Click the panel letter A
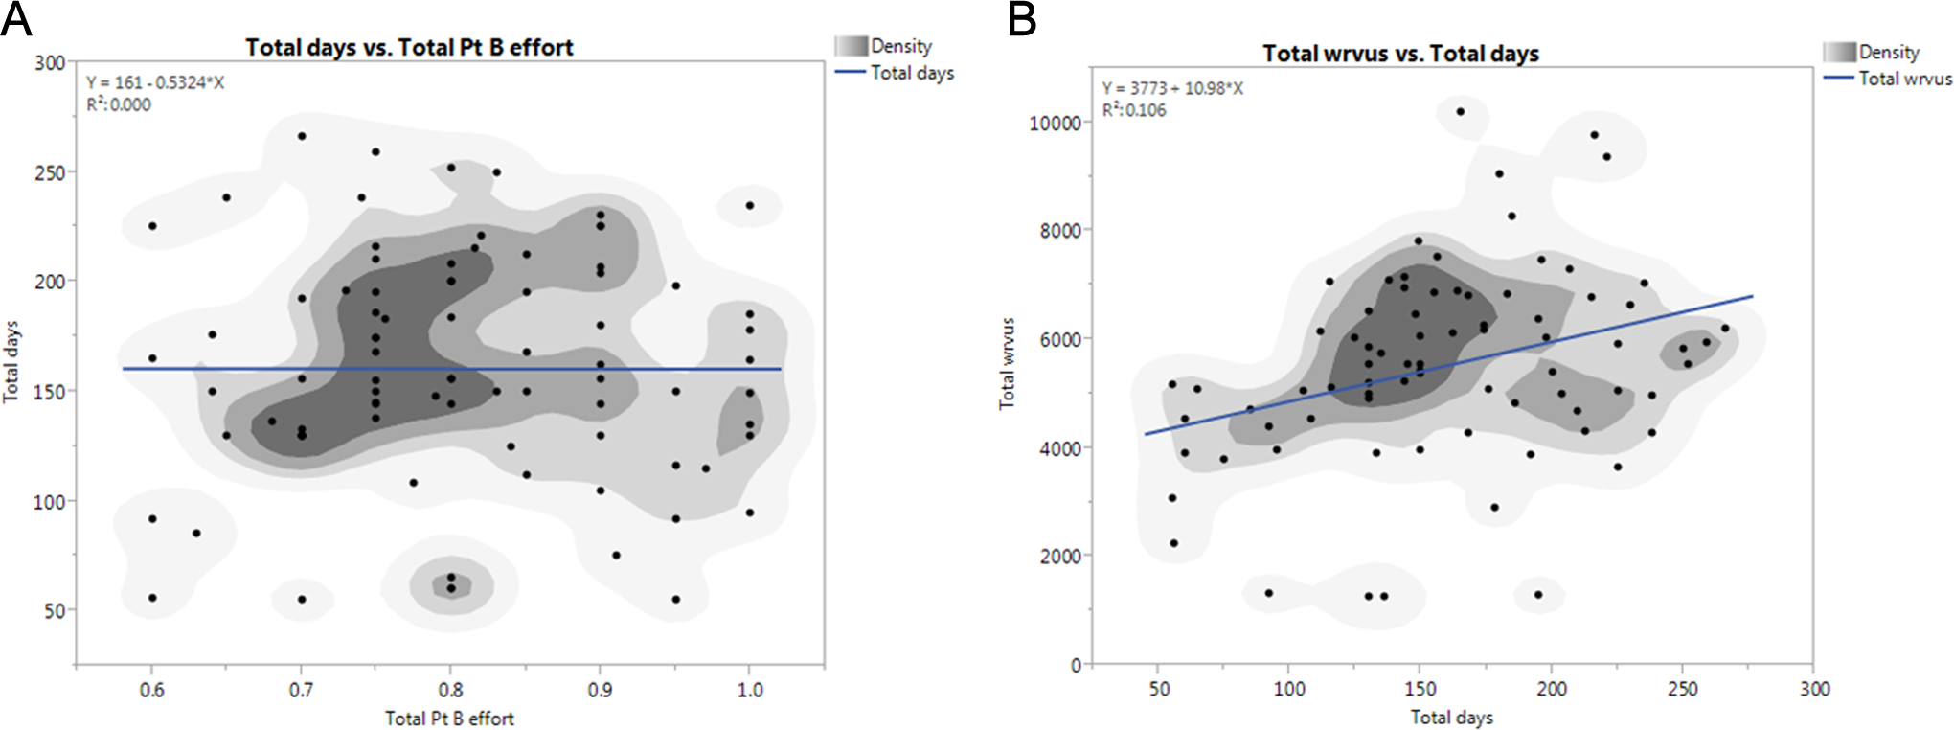click(16, 18)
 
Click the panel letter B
click(1022, 18)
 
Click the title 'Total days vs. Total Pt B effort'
click(409, 47)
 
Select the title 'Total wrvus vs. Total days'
click(1400, 54)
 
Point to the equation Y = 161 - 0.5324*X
click(155, 83)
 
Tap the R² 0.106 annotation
click(1134, 110)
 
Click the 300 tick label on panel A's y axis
click(50, 63)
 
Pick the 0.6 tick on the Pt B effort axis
click(151, 690)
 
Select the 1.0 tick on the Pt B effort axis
click(750, 690)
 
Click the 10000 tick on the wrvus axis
click(1055, 124)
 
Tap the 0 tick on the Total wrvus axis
click(1076, 665)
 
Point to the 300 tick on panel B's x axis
click(1814, 689)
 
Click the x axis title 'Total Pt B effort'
click(449, 719)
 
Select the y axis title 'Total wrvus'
click(1007, 363)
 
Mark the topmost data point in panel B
click(1461, 112)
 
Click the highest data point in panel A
click(302, 137)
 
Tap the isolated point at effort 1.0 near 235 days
click(750, 206)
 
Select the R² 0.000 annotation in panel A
click(119, 105)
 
